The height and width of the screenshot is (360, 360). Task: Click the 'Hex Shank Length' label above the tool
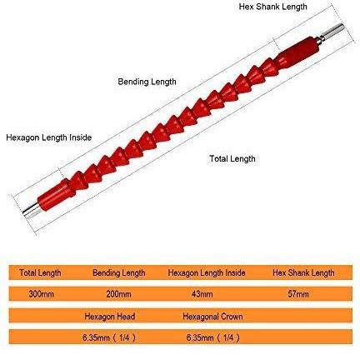[272, 7]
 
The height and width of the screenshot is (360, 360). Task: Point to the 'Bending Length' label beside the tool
[147, 82]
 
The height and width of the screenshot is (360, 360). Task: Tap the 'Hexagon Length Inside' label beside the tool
[49, 137]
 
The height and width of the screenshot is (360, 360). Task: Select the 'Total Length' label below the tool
[232, 158]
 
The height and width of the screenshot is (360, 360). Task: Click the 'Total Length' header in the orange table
[40, 272]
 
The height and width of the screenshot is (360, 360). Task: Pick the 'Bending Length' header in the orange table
[119, 272]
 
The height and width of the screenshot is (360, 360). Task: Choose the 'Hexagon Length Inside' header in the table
[207, 272]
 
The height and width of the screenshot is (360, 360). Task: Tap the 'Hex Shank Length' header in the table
[303, 272]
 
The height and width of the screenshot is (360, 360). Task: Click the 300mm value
[41, 294]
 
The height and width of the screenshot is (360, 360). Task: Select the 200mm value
[118, 294]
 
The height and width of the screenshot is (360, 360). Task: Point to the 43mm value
[202, 294]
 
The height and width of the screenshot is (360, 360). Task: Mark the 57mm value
[298, 294]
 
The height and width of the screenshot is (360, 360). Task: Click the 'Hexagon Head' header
[110, 317]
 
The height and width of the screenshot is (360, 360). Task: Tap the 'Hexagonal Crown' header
[212, 317]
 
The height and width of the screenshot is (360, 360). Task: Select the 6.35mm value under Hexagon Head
[109, 337]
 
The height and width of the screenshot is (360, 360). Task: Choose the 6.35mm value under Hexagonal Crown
[213, 337]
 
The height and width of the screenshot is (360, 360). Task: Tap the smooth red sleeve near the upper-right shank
[299, 52]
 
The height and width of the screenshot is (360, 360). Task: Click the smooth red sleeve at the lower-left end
[55, 194]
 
